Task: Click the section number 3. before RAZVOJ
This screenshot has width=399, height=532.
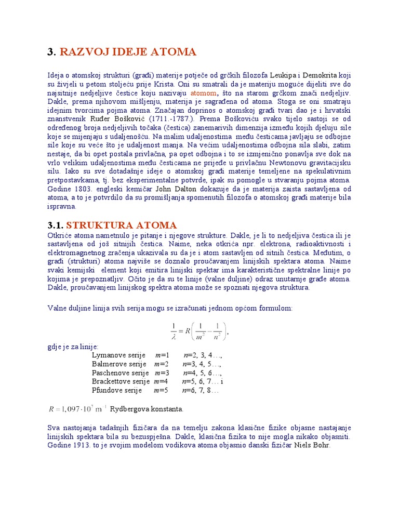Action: click(51, 52)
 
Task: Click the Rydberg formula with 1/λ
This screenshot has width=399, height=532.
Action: click(199, 330)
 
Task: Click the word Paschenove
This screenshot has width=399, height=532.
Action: click(111, 373)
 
